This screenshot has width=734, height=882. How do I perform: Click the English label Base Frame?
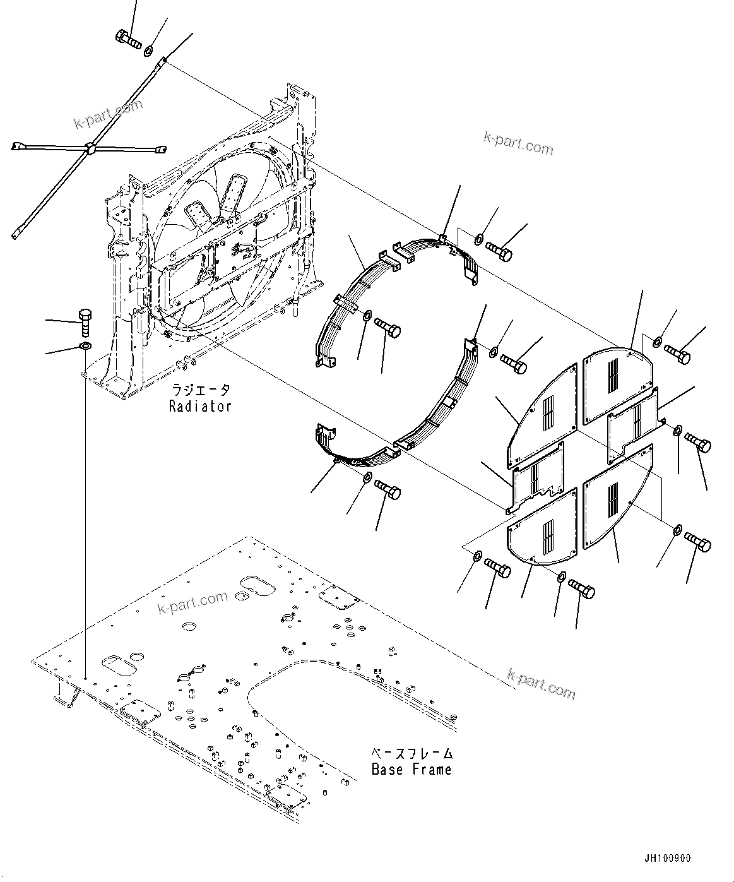point(411,770)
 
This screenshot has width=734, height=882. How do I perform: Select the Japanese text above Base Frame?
point(411,753)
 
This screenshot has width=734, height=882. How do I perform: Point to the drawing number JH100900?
point(667,859)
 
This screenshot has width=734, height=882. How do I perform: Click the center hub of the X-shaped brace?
point(91,149)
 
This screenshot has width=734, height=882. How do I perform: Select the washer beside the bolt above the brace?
point(148,51)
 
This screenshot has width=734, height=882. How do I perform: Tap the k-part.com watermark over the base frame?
point(192,603)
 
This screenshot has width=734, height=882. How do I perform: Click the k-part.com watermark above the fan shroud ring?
point(518,143)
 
